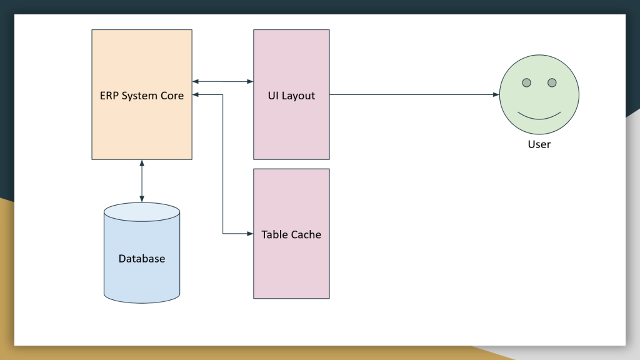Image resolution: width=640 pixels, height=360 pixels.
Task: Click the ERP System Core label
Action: point(142,96)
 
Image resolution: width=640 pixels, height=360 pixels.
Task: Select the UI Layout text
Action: point(291,96)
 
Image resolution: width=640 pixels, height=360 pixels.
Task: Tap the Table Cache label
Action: point(291,234)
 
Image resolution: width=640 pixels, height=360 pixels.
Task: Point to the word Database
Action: point(142,258)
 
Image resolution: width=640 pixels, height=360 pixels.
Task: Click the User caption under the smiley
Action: point(539,144)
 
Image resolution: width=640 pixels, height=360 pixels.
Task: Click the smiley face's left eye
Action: point(527,82)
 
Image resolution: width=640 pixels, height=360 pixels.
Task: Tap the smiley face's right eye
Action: point(552,82)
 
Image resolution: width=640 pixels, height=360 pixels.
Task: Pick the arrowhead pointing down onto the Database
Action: point(142,199)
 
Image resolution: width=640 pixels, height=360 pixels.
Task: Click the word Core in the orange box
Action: point(172,96)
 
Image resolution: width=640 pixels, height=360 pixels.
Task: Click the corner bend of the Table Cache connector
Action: point(223,234)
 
